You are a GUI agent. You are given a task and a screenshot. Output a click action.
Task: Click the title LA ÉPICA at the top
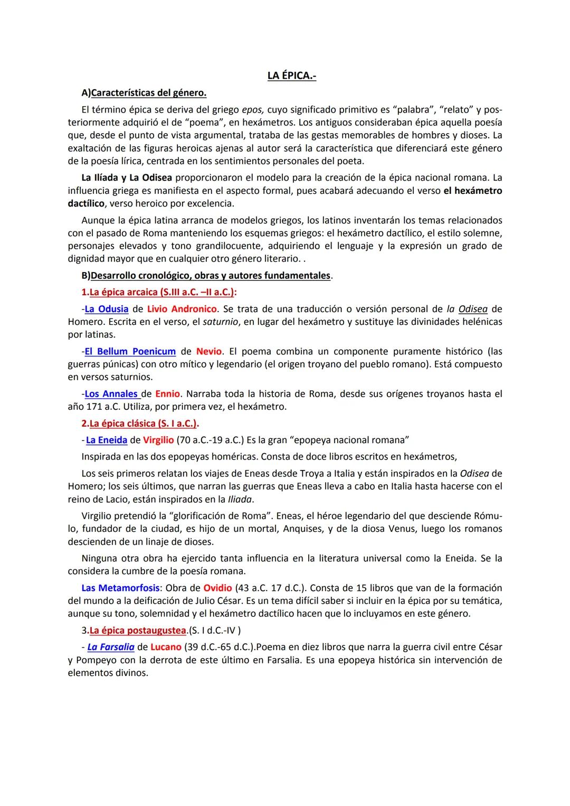[291, 76]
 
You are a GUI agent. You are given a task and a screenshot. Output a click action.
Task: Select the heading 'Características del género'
[148, 93]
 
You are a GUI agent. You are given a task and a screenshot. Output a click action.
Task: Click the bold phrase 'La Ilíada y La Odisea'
[127, 177]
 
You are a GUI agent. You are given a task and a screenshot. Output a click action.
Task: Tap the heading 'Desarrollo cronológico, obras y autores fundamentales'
[211, 276]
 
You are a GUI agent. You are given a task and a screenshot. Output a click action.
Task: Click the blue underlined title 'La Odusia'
[107, 309]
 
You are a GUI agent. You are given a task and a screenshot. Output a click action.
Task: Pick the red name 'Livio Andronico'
[182, 309]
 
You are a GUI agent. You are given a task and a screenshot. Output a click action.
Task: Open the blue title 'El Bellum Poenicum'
[130, 351]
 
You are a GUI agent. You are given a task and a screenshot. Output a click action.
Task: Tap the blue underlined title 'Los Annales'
[111, 394]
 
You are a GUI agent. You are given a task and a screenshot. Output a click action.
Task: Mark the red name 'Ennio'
[168, 394]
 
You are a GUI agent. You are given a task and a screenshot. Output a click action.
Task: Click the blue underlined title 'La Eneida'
[107, 440]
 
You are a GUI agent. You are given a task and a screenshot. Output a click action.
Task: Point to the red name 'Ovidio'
[218, 588]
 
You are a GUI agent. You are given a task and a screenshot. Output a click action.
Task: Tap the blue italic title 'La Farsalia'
[111, 647]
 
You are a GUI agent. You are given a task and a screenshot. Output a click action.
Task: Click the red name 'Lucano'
[166, 647]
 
